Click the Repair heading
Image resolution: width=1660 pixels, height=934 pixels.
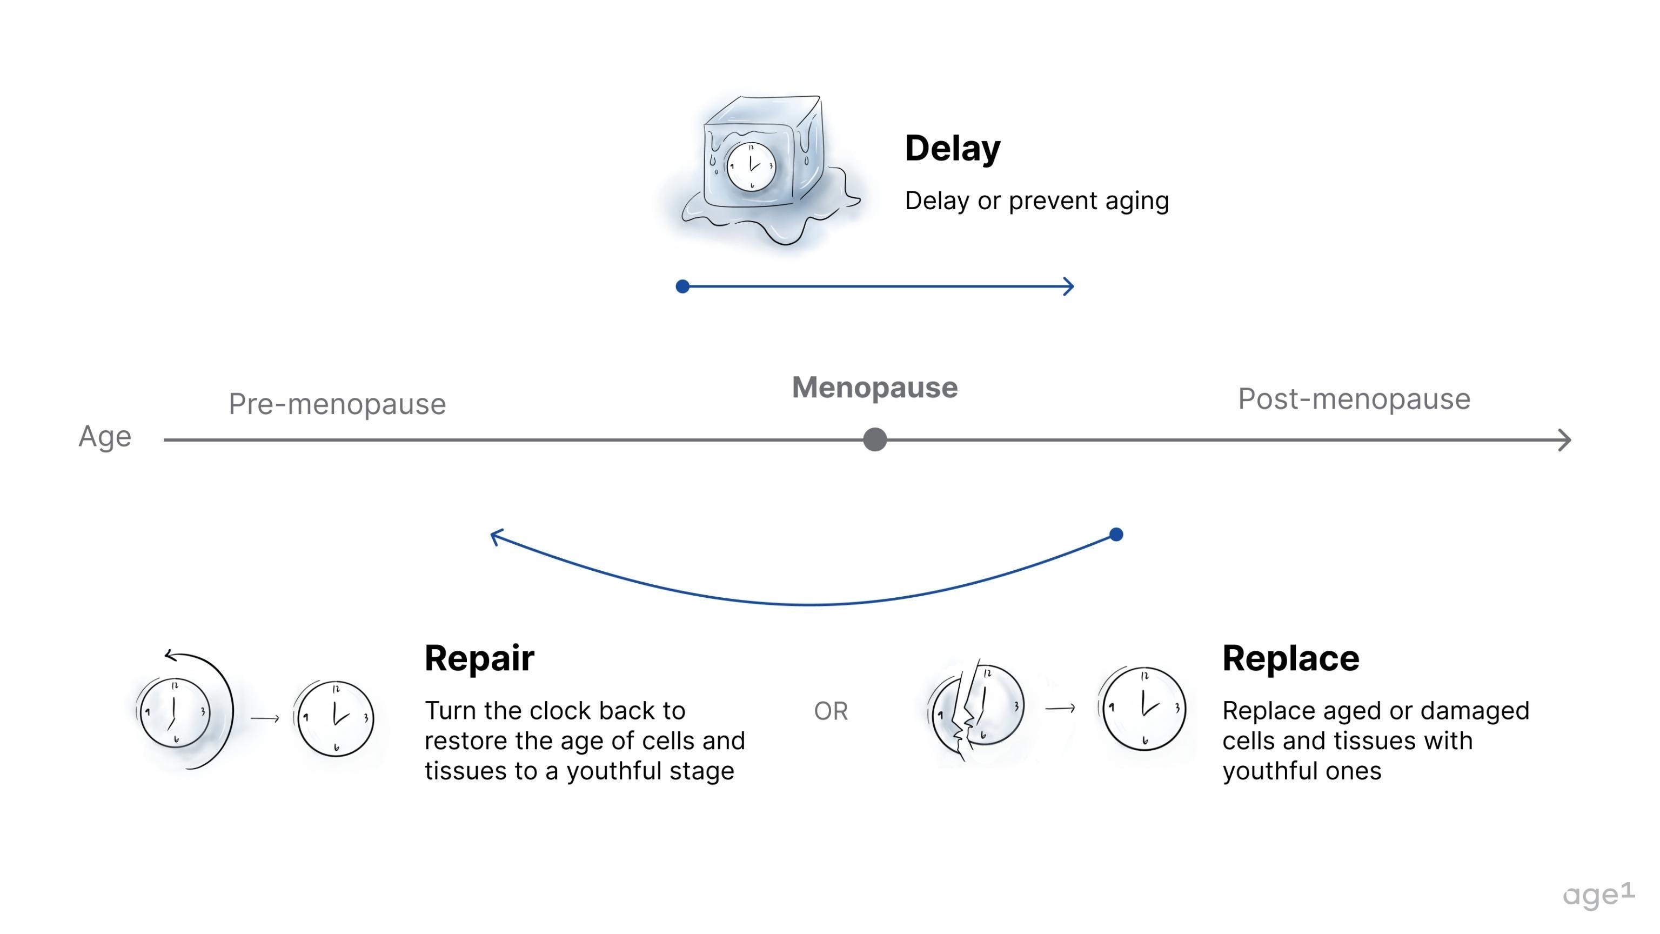point(479,658)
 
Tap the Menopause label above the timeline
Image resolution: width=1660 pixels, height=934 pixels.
point(874,388)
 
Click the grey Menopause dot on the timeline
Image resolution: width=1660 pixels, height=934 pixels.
point(874,439)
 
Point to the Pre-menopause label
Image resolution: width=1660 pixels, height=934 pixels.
point(337,404)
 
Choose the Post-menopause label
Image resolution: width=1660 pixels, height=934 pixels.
point(1354,399)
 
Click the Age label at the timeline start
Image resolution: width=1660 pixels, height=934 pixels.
point(105,436)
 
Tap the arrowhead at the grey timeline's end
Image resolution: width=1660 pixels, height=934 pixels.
point(1565,441)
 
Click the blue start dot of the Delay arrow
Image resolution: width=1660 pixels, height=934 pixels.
point(682,286)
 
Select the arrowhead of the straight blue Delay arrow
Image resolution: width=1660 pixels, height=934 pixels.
point(1068,286)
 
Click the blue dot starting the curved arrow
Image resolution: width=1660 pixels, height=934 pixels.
point(1116,535)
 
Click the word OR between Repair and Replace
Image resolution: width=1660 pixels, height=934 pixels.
point(831,711)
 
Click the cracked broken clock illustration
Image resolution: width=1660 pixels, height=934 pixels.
point(976,709)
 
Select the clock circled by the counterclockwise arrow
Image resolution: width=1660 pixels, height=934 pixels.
point(175,712)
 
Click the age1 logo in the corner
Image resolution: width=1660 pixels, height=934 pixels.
point(1598,894)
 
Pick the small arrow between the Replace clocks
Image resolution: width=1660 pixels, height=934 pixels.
point(1060,709)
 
